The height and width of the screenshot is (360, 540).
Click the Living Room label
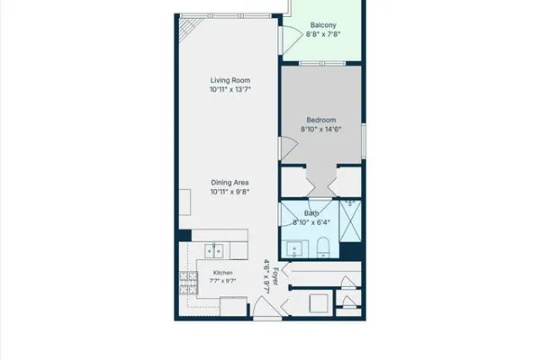tap(230, 80)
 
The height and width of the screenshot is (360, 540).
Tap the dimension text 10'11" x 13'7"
tap(230, 90)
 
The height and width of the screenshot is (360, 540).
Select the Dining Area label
tap(229, 183)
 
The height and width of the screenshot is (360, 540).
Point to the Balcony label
tap(323, 25)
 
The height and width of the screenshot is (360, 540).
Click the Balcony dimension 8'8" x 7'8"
tap(323, 34)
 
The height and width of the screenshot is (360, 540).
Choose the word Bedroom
tap(321, 121)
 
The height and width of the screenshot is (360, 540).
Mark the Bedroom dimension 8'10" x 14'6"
tap(321, 130)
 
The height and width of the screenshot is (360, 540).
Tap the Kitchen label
tap(223, 273)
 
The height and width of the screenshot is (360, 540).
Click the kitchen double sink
tap(214, 251)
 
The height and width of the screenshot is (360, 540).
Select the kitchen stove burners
tap(188, 283)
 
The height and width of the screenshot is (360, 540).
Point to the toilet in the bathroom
tap(323, 247)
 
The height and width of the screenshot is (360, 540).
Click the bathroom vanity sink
tap(294, 249)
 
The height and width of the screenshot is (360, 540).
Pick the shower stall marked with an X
tap(350, 221)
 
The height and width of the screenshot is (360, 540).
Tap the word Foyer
tap(275, 276)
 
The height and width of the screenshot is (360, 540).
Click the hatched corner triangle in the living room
tap(189, 28)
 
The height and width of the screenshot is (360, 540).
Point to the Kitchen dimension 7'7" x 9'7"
tap(223, 281)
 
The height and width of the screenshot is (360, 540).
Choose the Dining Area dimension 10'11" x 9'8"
tap(229, 192)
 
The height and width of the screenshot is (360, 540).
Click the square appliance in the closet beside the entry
tap(319, 303)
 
